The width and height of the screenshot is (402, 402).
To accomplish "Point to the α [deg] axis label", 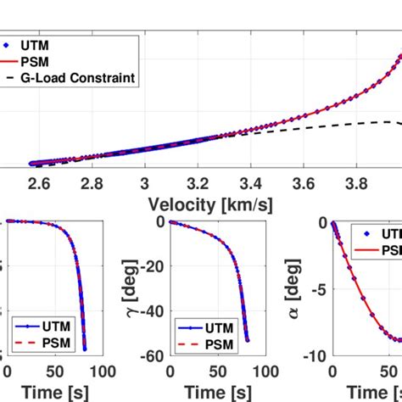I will pyautogui.click(x=293, y=288).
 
